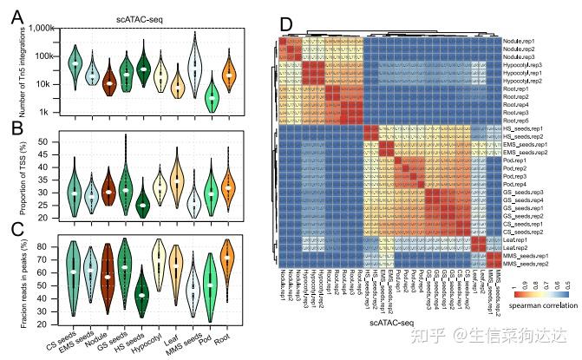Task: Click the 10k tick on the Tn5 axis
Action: [x=44, y=84]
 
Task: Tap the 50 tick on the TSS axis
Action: [x=44, y=141]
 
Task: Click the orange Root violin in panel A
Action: [x=229, y=75]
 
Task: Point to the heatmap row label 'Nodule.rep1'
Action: [x=520, y=41]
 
